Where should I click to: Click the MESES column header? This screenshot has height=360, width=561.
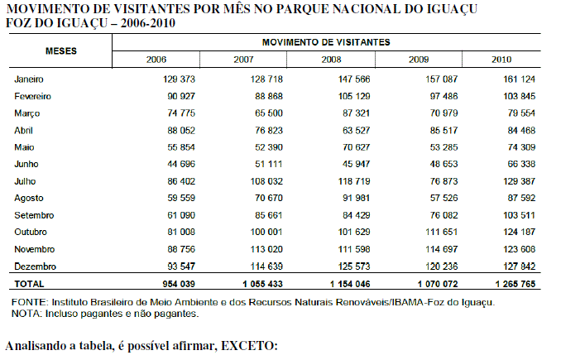[x=61, y=50]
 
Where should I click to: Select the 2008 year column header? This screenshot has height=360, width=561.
[x=331, y=60]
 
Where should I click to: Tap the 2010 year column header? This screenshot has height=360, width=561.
[x=501, y=60]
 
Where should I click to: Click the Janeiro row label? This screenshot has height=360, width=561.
[x=29, y=79]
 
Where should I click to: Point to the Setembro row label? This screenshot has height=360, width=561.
[x=34, y=215]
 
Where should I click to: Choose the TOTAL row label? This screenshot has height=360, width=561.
[x=29, y=284]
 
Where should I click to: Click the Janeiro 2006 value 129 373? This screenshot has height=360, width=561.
[x=179, y=79]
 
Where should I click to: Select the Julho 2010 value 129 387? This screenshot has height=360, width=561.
[x=519, y=181]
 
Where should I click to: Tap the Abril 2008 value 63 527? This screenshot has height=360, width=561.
[x=356, y=130]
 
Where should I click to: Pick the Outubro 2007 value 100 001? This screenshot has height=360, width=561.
[x=266, y=232]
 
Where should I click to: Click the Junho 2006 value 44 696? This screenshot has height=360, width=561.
[x=181, y=164]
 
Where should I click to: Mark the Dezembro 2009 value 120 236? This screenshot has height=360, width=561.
[x=442, y=266]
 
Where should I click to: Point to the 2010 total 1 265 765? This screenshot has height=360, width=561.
[x=515, y=284]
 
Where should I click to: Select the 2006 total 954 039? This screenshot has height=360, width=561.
[x=179, y=284]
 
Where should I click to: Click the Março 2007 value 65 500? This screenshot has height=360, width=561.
[x=269, y=113]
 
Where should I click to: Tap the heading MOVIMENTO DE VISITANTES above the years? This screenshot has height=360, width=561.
[x=326, y=42]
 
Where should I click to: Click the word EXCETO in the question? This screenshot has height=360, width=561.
[x=249, y=346]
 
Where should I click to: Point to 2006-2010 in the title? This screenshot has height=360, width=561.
[x=148, y=23]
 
